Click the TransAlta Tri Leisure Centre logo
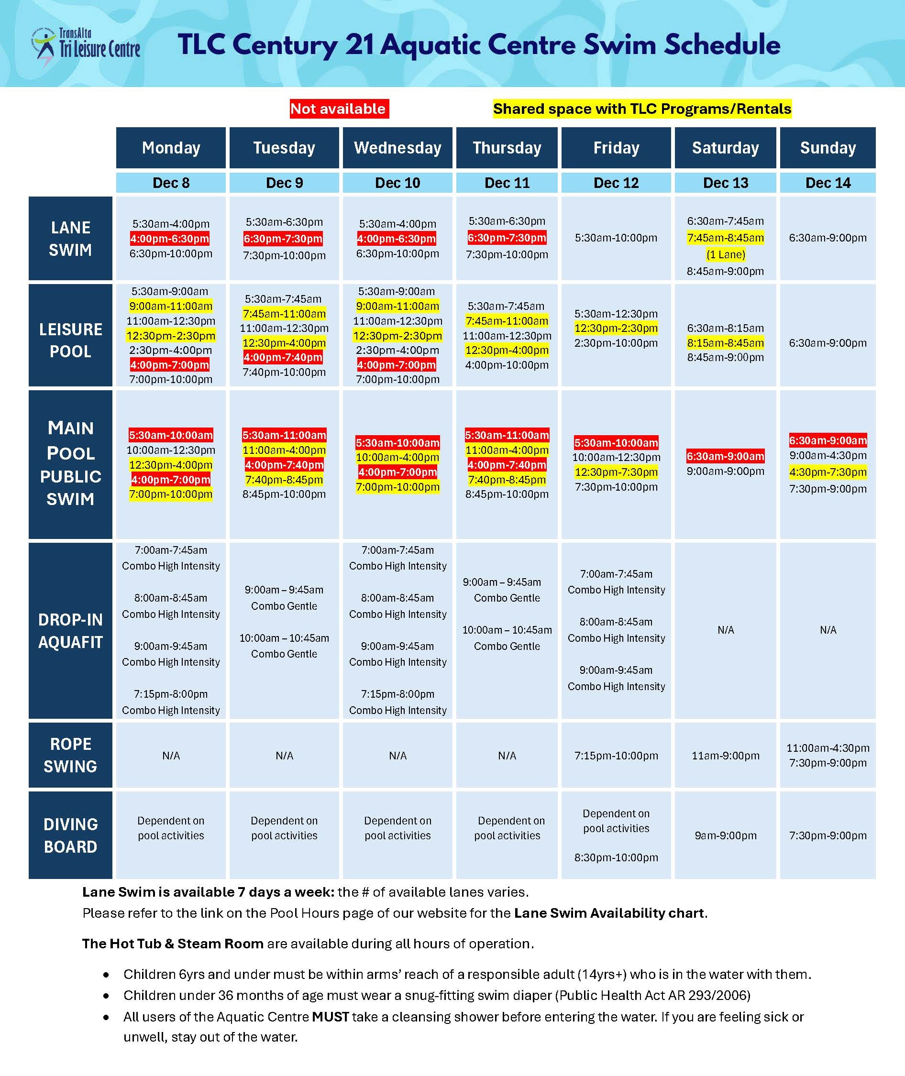click(86, 47)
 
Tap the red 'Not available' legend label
click(339, 109)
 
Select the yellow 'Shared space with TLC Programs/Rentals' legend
click(642, 109)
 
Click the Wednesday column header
click(397, 148)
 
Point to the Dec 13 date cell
click(725, 183)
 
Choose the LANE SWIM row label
click(70, 239)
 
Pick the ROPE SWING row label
click(70, 755)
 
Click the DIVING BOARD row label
click(70, 835)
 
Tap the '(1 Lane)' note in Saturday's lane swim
click(726, 254)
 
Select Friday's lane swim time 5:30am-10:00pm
click(616, 238)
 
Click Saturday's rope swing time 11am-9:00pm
click(726, 756)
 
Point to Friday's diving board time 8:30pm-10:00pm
click(616, 857)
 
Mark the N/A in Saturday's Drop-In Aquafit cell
click(726, 630)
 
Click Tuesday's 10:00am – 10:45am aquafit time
click(284, 638)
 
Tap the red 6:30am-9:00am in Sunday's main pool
click(828, 440)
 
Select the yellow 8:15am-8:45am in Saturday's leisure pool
click(726, 342)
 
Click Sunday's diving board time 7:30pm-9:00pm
click(828, 835)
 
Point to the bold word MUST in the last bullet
click(330, 1017)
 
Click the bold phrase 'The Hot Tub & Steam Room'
click(173, 944)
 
